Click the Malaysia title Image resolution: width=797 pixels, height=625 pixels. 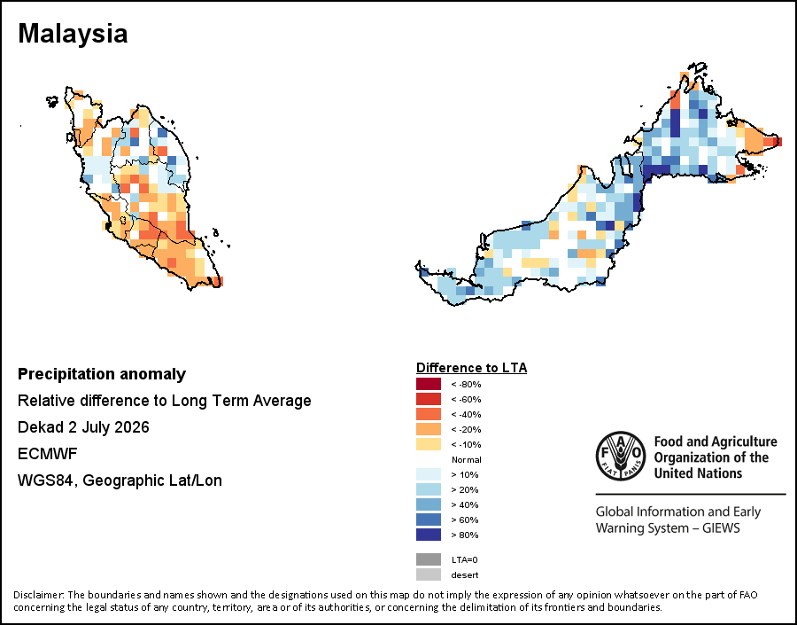(73, 34)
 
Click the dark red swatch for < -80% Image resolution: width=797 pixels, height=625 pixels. (429, 384)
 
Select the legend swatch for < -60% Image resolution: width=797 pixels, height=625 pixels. (429, 399)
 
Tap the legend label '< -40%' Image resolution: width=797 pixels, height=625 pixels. (466, 414)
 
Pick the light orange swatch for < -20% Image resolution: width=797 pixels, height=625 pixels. (429, 429)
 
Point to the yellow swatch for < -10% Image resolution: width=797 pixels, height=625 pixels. (429, 444)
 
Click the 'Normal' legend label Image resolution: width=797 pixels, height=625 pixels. (466, 459)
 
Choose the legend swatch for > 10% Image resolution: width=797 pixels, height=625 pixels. (429, 474)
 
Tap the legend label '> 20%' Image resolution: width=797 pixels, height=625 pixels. (465, 489)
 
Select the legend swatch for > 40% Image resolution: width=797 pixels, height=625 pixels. (429, 504)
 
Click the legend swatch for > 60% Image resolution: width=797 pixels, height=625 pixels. (429, 520)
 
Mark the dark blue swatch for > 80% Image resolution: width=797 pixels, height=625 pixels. (429, 535)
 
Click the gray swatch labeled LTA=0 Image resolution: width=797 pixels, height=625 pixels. (429, 559)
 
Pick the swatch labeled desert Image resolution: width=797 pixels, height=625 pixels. (429, 574)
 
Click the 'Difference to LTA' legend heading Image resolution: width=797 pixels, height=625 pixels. (471, 368)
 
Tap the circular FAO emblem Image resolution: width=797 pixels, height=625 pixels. (621, 456)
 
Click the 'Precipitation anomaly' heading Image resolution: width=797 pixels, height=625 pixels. (102, 375)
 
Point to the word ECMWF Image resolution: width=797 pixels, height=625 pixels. (47, 454)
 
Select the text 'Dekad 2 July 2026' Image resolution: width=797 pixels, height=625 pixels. (83, 427)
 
